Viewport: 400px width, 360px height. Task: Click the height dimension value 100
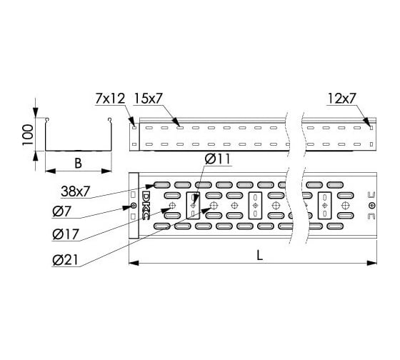coord(27,134)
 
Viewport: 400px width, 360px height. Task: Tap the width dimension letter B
coord(78,163)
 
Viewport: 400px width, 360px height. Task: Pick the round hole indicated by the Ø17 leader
coord(172,207)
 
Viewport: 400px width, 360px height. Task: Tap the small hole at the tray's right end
coord(370,206)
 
